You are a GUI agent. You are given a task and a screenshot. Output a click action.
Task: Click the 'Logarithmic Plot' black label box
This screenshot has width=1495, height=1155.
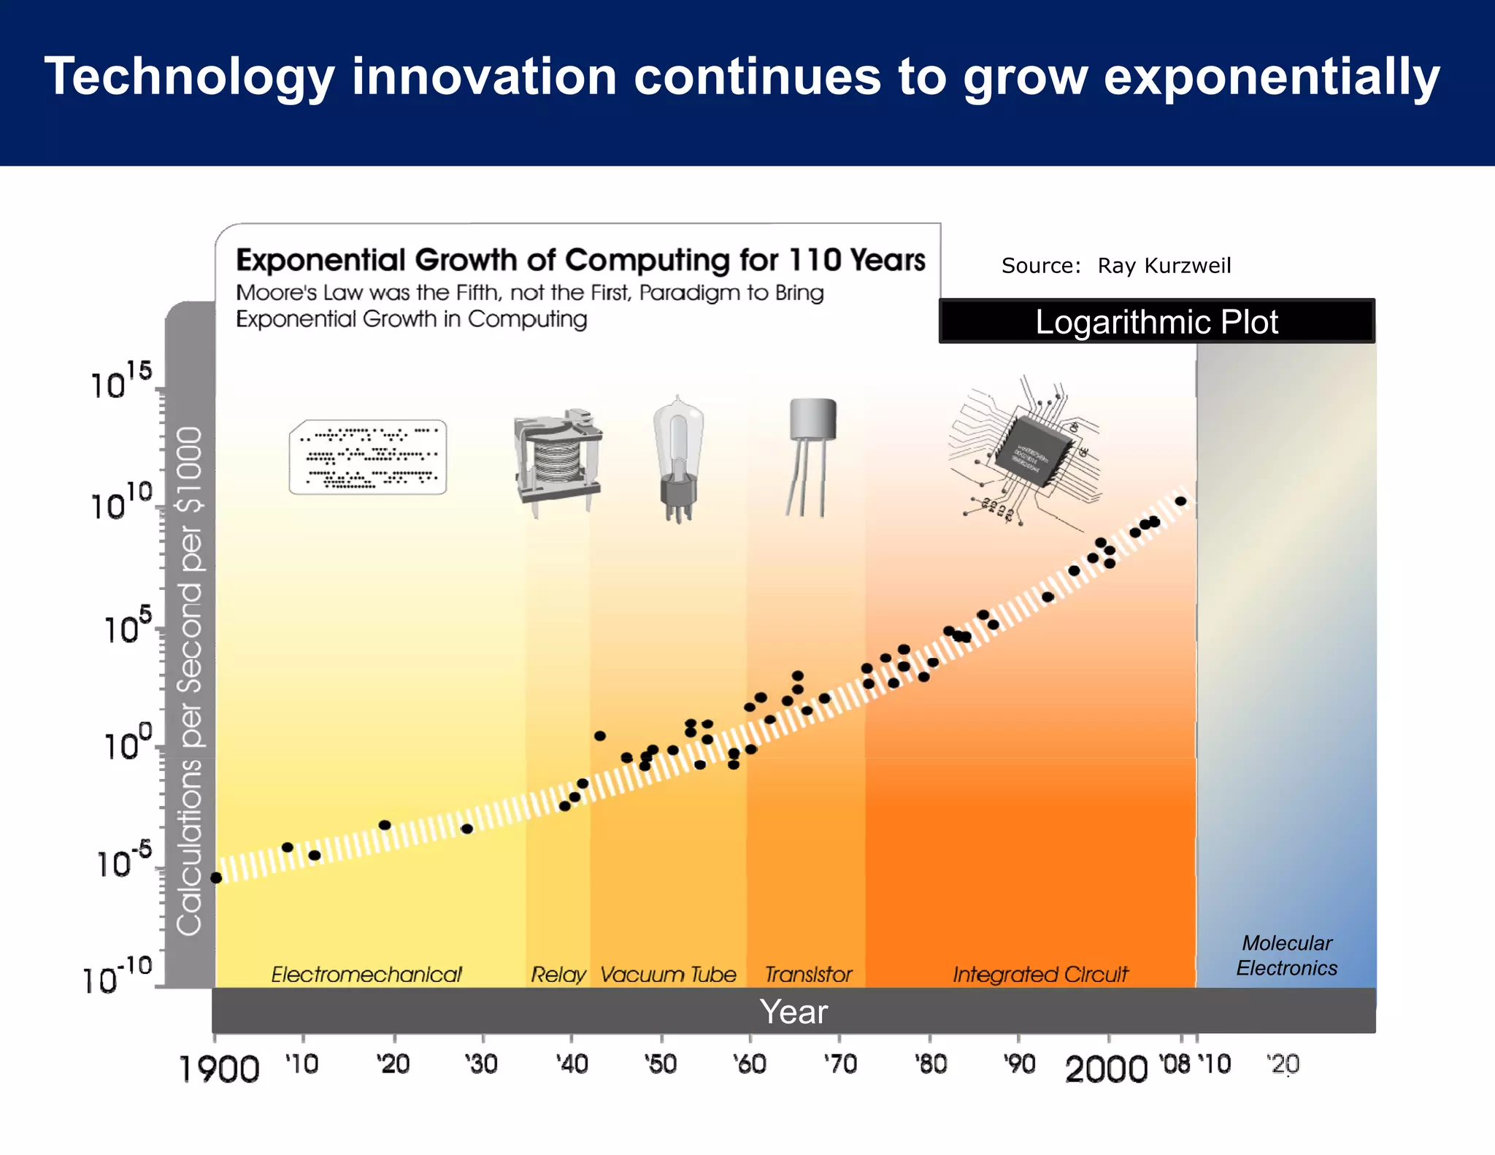click(1156, 322)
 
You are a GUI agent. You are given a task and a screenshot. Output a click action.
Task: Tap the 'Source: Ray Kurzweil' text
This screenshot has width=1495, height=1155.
click(1115, 266)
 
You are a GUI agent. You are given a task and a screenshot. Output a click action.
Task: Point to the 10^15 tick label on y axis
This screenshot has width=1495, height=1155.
click(121, 381)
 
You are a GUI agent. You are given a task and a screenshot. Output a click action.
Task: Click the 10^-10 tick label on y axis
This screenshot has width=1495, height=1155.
click(117, 977)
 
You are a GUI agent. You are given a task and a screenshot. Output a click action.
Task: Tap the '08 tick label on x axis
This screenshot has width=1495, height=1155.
click(1175, 1064)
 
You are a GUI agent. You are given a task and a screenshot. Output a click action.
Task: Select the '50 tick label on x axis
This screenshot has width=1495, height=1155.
click(661, 1064)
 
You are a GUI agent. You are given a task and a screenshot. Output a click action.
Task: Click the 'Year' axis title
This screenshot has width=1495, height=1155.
click(793, 1012)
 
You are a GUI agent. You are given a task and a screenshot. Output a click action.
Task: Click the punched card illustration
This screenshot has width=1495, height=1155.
click(368, 457)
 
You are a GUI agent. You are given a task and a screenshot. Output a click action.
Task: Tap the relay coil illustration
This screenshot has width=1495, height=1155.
click(558, 460)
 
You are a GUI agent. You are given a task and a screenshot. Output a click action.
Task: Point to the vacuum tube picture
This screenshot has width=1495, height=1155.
click(678, 458)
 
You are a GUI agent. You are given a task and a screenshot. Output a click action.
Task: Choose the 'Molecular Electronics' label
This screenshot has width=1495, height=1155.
click(1286, 956)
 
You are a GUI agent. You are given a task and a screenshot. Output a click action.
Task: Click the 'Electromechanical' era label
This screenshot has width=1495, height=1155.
click(366, 975)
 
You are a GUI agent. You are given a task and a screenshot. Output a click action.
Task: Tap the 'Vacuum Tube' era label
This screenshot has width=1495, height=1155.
click(668, 975)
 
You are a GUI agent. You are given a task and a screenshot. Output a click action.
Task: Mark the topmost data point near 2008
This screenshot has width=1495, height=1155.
click(1180, 501)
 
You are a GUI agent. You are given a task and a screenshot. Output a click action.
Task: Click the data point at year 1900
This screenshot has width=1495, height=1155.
click(216, 878)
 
